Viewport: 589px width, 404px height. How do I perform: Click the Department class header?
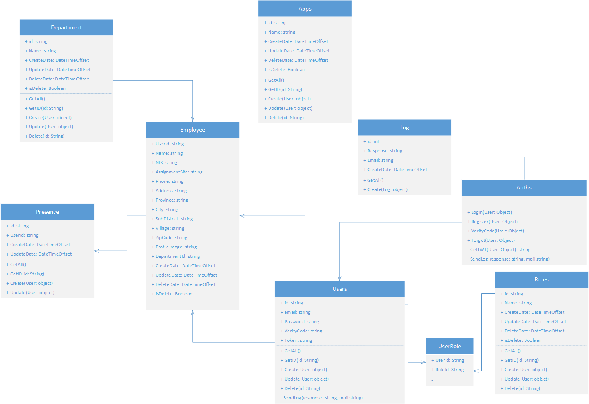pyautogui.click(x=66, y=27)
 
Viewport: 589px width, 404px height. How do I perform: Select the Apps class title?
pyautogui.click(x=305, y=9)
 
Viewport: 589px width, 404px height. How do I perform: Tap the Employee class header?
pyautogui.click(x=192, y=130)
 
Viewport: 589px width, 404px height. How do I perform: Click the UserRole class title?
pyautogui.click(x=449, y=346)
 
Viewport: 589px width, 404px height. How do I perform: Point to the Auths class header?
pyautogui.click(x=524, y=188)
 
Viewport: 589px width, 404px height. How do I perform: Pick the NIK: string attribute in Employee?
pyautogui.click(x=166, y=163)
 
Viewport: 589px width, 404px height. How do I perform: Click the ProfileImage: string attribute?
pyautogui.click(x=176, y=247)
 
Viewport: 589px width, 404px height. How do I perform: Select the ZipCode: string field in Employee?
pyautogui.click(x=171, y=238)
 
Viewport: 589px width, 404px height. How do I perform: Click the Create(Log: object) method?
pyautogui.click(x=387, y=189)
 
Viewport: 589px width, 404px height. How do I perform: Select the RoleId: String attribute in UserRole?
pyautogui.click(x=449, y=370)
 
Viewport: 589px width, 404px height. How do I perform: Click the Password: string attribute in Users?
pyautogui.click(x=301, y=322)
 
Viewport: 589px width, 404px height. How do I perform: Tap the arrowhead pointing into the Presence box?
pyautogui.click(x=96, y=251)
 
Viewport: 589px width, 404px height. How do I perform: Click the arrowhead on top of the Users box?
pyautogui.click(x=340, y=279)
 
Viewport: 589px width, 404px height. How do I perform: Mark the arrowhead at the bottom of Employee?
pyautogui.click(x=192, y=312)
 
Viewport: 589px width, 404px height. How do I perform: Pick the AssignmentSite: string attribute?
pyautogui.click(x=179, y=172)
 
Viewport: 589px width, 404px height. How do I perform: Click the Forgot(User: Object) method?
pyautogui.click(x=492, y=240)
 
